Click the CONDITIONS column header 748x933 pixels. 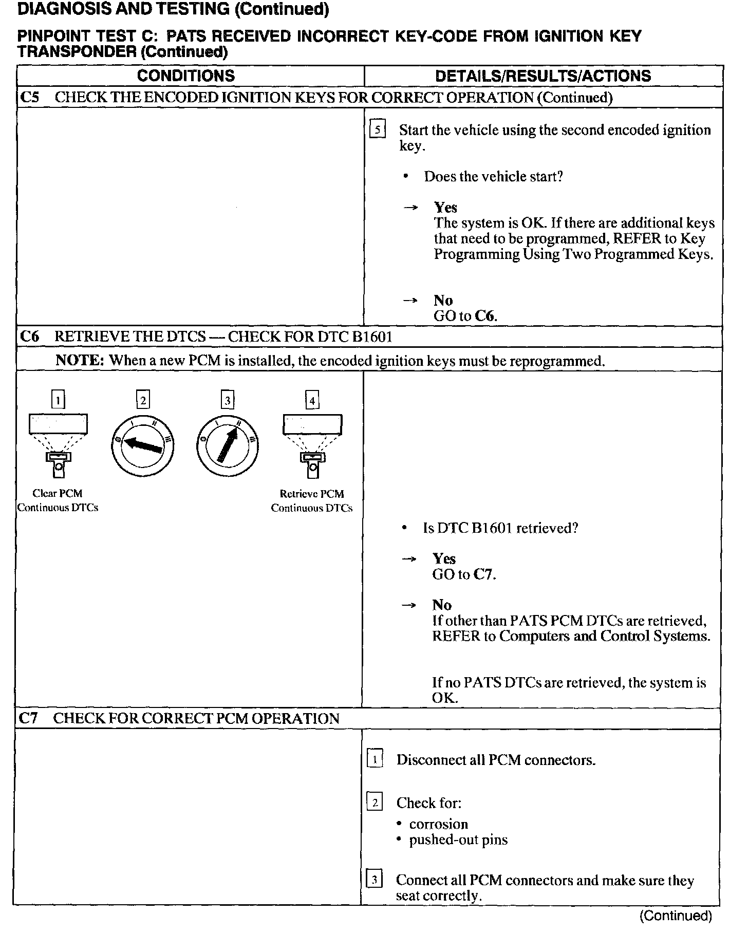pyautogui.click(x=186, y=76)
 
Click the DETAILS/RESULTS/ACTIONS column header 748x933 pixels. pyautogui.click(x=543, y=76)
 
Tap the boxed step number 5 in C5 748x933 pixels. pyautogui.click(x=378, y=130)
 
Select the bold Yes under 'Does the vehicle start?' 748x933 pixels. pyautogui.click(x=445, y=207)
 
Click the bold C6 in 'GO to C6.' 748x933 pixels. pyautogui.click(x=484, y=315)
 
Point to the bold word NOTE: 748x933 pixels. pyautogui.click(x=80, y=360)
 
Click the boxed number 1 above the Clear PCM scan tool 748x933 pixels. pyautogui.click(x=59, y=400)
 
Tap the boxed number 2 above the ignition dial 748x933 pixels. pyautogui.click(x=143, y=400)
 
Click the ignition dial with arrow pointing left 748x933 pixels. pyautogui.click(x=142, y=445)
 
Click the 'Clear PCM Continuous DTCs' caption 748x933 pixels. pyautogui.click(x=58, y=500)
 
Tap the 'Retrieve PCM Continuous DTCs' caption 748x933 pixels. pyautogui.click(x=312, y=501)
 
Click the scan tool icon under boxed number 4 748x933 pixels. pyautogui.click(x=312, y=444)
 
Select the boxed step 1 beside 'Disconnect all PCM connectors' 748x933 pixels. pyautogui.click(x=375, y=759)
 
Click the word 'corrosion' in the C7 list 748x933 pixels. pyautogui.click(x=438, y=824)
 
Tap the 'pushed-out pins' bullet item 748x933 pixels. pyautogui.click(x=458, y=839)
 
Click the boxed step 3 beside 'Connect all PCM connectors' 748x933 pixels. pyautogui.click(x=374, y=880)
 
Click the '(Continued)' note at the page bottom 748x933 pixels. pyautogui.click(x=676, y=916)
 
